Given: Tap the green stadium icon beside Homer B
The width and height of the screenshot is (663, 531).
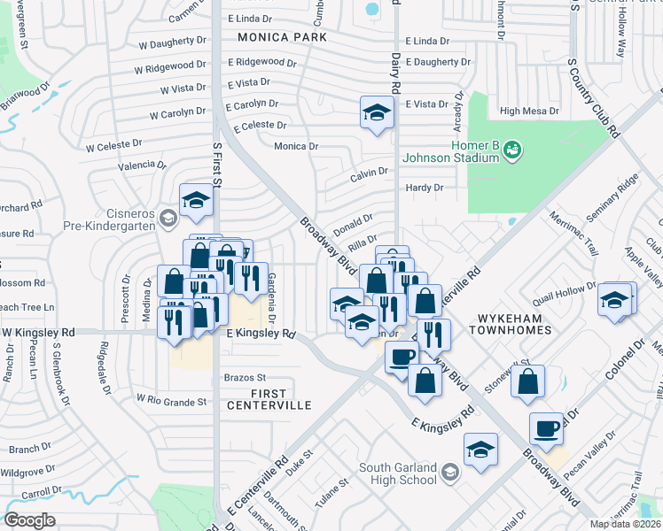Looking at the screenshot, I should pyautogui.click(x=511, y=152).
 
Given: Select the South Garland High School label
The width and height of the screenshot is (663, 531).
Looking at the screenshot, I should pyautogui.click(x=398, y=473).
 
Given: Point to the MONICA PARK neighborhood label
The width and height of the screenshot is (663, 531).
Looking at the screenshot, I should pyautogui.click(x=282, y=37).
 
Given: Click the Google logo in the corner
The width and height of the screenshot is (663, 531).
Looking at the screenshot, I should pyautogui.click(x=28, y=520).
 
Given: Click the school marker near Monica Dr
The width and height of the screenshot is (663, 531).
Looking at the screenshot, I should pyautogui.click(x=377, y=112).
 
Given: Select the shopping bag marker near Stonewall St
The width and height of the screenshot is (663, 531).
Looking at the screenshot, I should pyautogui.click(x=527, y=381).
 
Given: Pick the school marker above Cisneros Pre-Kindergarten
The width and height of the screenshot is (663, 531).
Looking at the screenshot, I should pyautogui.click(x=196, y=201).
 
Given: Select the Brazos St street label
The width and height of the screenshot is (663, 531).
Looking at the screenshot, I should pyautogui.click(x=244, y=377).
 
